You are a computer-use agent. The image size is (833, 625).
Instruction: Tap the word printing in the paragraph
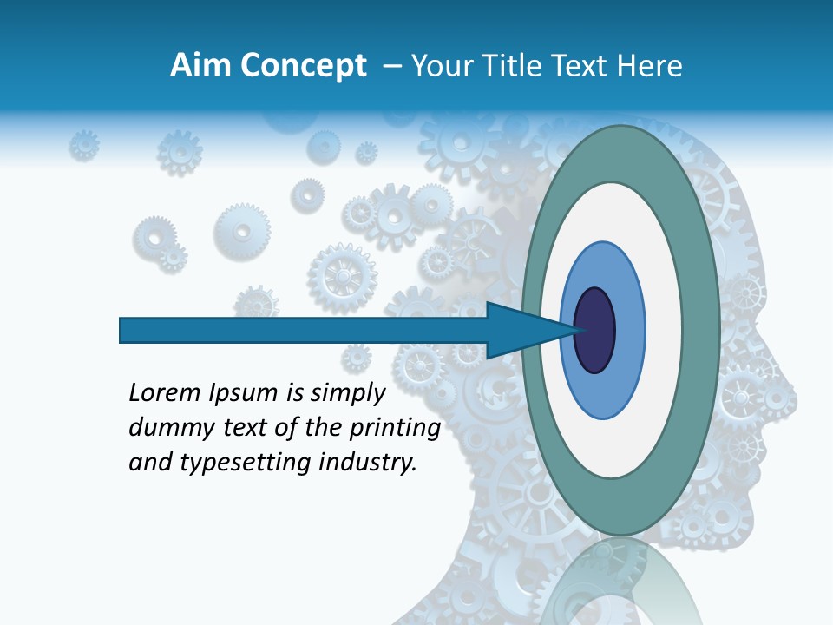click(395, 429)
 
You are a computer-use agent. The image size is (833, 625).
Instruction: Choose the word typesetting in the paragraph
click(232, 464)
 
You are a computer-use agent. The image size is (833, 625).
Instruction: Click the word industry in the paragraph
click(369, 463)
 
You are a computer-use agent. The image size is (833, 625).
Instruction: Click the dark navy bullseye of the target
click(594, 330)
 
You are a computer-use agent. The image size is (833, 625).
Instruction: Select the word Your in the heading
click(436, 66)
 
